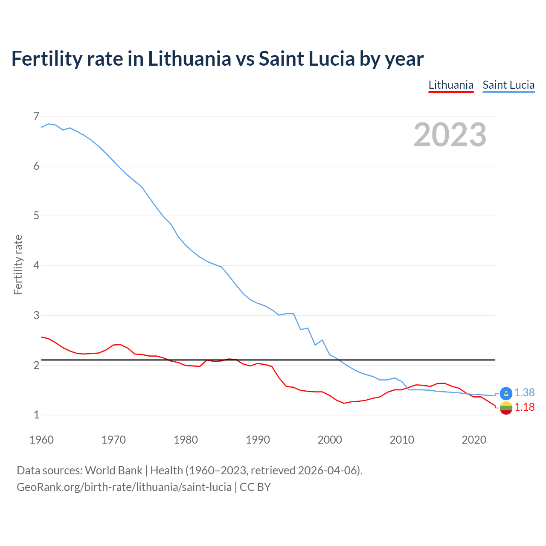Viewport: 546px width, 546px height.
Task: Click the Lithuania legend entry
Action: (x=451, y=85)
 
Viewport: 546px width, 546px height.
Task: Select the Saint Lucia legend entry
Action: (x=508, y=85)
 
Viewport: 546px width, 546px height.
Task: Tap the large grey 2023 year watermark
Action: (x=450, y=135)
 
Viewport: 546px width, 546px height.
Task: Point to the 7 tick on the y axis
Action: (x=36, y=116)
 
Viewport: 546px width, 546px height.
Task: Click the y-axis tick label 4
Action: (x=36, y=265)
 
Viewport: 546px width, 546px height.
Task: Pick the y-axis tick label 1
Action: (x=36, y=415)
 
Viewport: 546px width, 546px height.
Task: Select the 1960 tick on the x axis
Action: (x=41, y=440)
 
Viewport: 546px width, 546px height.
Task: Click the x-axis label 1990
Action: (x=258, y=440)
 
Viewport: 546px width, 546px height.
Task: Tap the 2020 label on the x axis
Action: (x=474, y=440)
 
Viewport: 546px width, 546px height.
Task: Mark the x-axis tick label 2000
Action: (x=330, y=440)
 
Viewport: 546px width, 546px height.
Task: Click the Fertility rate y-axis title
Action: (x=18, y=264)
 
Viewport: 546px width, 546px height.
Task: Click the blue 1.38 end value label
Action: (x=524, y=392)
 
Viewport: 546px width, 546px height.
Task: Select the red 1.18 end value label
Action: (x=524, y=407)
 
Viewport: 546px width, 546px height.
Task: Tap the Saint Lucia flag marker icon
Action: (x=506, y=393)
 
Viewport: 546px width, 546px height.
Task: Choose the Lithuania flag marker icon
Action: (x=506, y=408)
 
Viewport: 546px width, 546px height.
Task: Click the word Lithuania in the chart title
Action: (x=189, y=58)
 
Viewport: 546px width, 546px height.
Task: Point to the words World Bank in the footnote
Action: (x=113, y=470)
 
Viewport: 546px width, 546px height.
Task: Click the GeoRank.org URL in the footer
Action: (x=124, y=487)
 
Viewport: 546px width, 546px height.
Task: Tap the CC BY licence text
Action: (x=255, y=487)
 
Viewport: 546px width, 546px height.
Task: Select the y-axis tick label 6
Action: (x=36, y=166)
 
